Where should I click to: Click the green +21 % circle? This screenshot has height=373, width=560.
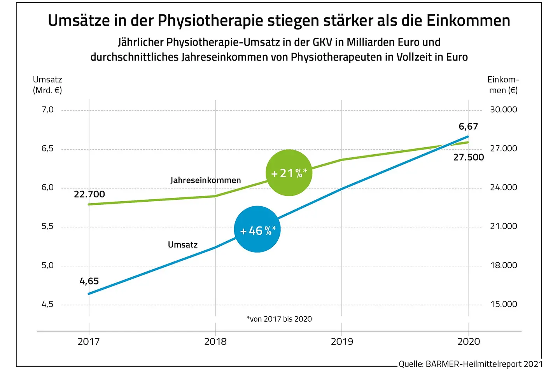click(x=289, y=173)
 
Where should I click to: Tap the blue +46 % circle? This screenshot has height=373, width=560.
click(x=257, y=230)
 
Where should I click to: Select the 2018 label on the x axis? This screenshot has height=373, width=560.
click(x=215, y=342)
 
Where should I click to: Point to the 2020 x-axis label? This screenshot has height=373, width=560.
click(x=469, y=342)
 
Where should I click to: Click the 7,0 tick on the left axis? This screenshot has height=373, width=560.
click(x=47, y=110)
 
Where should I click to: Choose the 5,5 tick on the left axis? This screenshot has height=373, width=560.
click(x=47, y=227)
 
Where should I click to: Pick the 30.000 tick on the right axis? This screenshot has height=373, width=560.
click(x=503, y=110)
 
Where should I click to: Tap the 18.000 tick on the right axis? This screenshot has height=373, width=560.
click(x=503, y=265)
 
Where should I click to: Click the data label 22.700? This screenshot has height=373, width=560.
click(x=89, y=194)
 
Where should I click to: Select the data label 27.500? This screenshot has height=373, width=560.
click(x=468, y=157)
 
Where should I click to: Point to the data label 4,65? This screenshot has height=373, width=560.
click(x=89, y=281)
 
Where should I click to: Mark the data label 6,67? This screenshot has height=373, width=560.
click(x=468, y=127)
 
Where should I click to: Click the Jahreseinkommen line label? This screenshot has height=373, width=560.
click(x=205, y=180)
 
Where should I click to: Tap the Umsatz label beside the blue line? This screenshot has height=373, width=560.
click(x=183, y=245)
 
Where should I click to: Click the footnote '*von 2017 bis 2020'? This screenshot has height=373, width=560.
click(x=279, y=319)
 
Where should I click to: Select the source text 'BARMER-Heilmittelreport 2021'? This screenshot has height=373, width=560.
click(x=484, y=364)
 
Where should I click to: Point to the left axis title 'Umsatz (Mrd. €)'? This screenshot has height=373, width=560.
click(x=47, y=85)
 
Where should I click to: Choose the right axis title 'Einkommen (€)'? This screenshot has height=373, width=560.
click(x=503, y=85)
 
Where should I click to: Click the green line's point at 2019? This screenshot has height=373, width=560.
click(x=342, y=160)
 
